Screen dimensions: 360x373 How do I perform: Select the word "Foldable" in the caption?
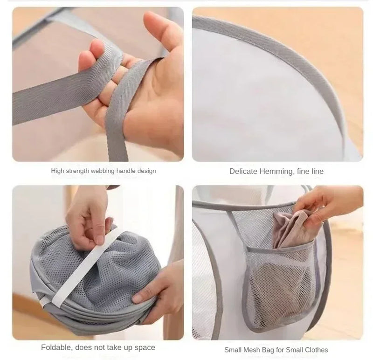point(55,347)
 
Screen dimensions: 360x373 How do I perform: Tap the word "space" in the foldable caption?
point(145,347)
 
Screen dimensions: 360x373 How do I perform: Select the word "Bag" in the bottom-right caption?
point(272,350)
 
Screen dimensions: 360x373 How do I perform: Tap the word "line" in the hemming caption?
point(315,172)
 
